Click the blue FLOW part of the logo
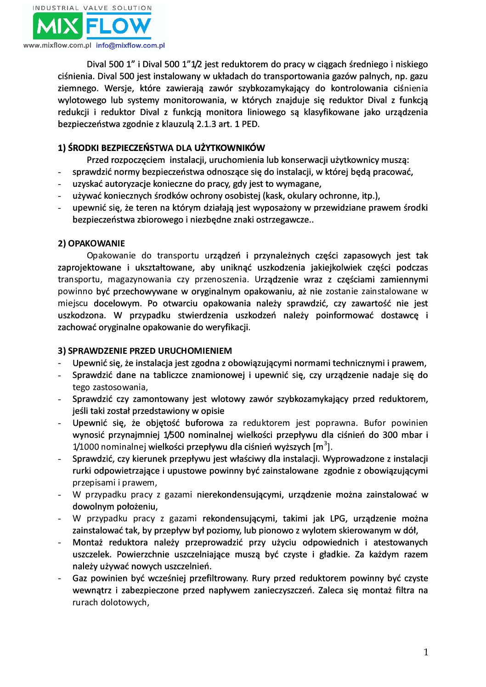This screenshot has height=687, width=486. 119,26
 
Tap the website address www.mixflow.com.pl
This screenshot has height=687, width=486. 57,45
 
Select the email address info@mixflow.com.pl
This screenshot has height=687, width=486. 130,45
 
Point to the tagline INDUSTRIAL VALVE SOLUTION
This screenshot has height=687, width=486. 92,8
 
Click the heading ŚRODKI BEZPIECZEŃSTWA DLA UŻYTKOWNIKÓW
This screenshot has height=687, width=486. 166,148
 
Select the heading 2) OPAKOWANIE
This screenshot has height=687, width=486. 91,243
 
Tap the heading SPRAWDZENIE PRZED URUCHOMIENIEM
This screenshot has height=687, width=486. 150,351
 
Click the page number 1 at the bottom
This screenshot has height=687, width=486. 426,652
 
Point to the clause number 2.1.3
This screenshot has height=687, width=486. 206,124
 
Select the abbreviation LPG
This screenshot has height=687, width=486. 338,519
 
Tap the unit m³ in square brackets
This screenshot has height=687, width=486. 322,447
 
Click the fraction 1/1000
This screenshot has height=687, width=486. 85,447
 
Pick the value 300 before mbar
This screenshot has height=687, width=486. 390,435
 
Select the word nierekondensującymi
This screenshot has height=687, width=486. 239,495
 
